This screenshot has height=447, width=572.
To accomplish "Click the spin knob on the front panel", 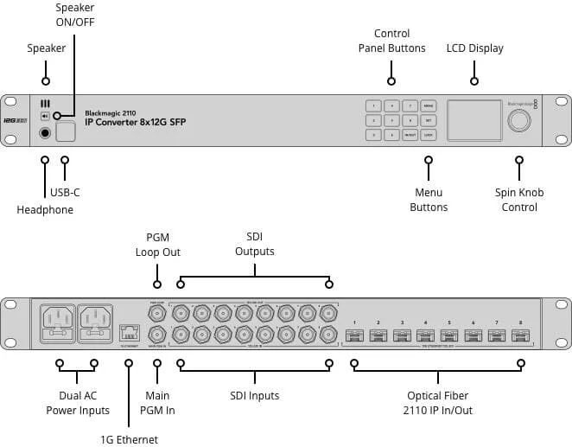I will (x=518, y=121).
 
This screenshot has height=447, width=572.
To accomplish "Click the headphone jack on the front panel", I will (x=45, y=133).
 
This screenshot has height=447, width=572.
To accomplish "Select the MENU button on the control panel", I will (x=429, y=106).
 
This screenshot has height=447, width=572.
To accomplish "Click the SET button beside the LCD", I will (x=429, y=121).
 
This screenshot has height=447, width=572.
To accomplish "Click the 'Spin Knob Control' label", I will (x=519, y=200).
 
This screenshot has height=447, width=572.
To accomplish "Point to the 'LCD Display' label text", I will (x=474, y=48).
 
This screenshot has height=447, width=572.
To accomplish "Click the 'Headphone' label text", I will (x=45, y=210).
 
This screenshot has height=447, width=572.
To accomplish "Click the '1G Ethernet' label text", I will (x=130, y=439).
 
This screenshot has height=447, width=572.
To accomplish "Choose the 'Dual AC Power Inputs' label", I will (x=77, y=403).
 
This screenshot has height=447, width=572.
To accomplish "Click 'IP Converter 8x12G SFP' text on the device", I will (x=136, y=123).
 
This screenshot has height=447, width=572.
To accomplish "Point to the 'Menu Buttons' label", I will (x=429, y=200).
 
